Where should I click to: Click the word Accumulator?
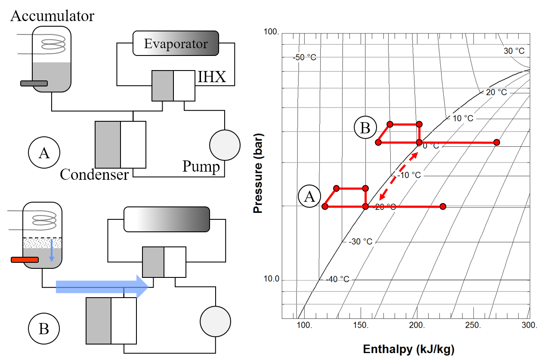tap(52, 16)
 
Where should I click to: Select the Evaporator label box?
tap(176, 43)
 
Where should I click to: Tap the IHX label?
tap(212, 78)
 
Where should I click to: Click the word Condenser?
tap(94, 174)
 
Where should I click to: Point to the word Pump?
tap(201, 166)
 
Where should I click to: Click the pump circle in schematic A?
tap(224, 145)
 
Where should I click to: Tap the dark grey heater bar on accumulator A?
tap(34, 83)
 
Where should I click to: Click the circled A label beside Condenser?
tap(44, 152)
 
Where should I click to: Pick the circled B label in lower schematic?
tap(43, 329)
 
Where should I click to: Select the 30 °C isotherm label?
tap(514, 51)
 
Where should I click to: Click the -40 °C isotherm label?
tap(337, 279)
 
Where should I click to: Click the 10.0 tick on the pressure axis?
tap(271, 279)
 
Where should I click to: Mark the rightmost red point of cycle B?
tap(497, 142)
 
